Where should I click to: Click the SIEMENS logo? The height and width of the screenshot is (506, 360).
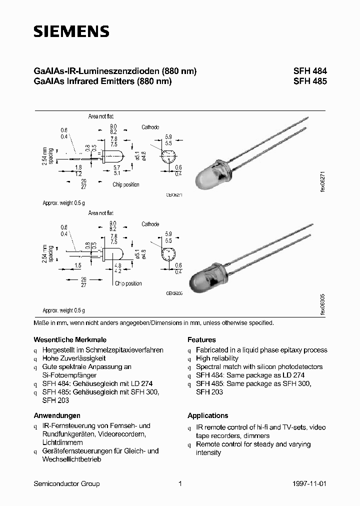tap(71, 32)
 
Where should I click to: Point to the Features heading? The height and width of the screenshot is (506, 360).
tap(201, 339)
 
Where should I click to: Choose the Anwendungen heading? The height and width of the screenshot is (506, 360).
tap(57, 415)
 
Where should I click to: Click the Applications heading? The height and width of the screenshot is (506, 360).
tap(207, 415)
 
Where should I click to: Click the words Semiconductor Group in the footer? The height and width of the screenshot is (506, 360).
tap(66, 483)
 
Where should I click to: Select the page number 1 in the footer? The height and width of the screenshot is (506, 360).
tap(179, 483)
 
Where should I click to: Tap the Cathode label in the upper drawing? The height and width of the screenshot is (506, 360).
tap(150, 127)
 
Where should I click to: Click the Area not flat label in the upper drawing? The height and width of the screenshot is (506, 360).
tap(100, 116)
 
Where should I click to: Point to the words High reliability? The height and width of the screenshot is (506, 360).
tap(217, 358)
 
